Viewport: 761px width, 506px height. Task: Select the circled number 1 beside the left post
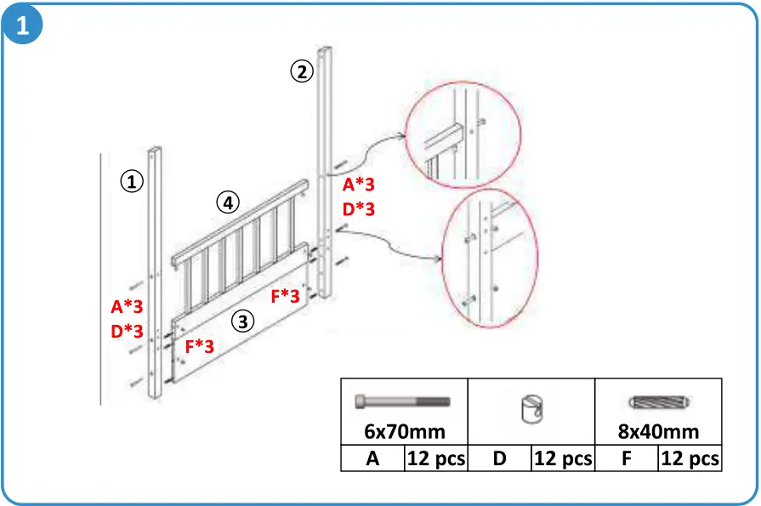click(x=131, y=181)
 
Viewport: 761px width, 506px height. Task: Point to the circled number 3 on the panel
click(x=243, y=321)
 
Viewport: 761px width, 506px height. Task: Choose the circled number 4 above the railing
click(x=226, y=202)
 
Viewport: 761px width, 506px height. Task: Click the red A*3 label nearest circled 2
click(x=359, y=185)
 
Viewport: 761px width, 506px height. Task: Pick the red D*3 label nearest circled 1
click(x=127, y=331)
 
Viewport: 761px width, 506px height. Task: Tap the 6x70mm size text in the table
click(x=404, y=431)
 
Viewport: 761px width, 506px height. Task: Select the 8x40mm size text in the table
click(x=658, y=431)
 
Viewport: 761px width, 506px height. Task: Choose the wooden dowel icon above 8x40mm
click(x=658, y=402)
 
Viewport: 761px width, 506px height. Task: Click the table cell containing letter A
click(x=372, y=458)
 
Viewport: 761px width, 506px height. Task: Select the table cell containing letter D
click(x=500, y=458)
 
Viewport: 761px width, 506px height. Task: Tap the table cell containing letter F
click(x=627, y=458)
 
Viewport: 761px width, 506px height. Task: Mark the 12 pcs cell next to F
click(x=690, y=458)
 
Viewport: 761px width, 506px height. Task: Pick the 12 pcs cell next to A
click(x=436, y=458)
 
